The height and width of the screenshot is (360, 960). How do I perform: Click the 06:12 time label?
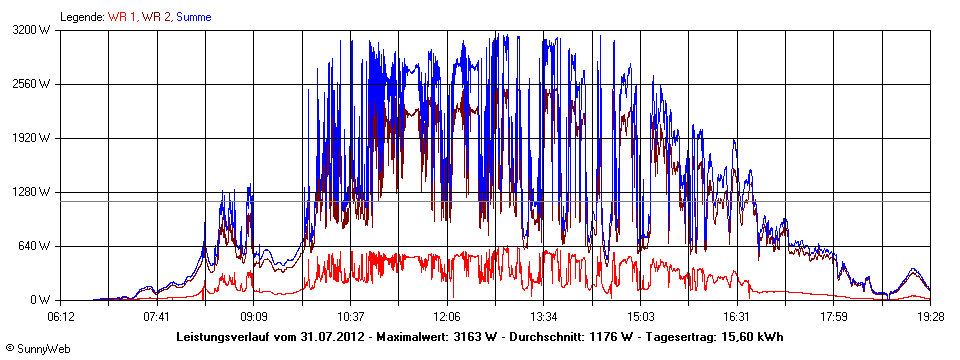[x=61, y=316]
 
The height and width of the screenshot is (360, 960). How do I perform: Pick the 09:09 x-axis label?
[x=254, y=316]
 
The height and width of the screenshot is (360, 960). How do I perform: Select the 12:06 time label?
[x=447, y=316]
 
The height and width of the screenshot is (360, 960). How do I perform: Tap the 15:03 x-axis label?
[x=640, y=316]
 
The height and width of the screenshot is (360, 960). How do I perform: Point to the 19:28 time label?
[x=929, y=316]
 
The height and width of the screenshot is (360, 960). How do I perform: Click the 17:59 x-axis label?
[x=833, y=316]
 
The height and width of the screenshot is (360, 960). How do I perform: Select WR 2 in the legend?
[x=157, y=17]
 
